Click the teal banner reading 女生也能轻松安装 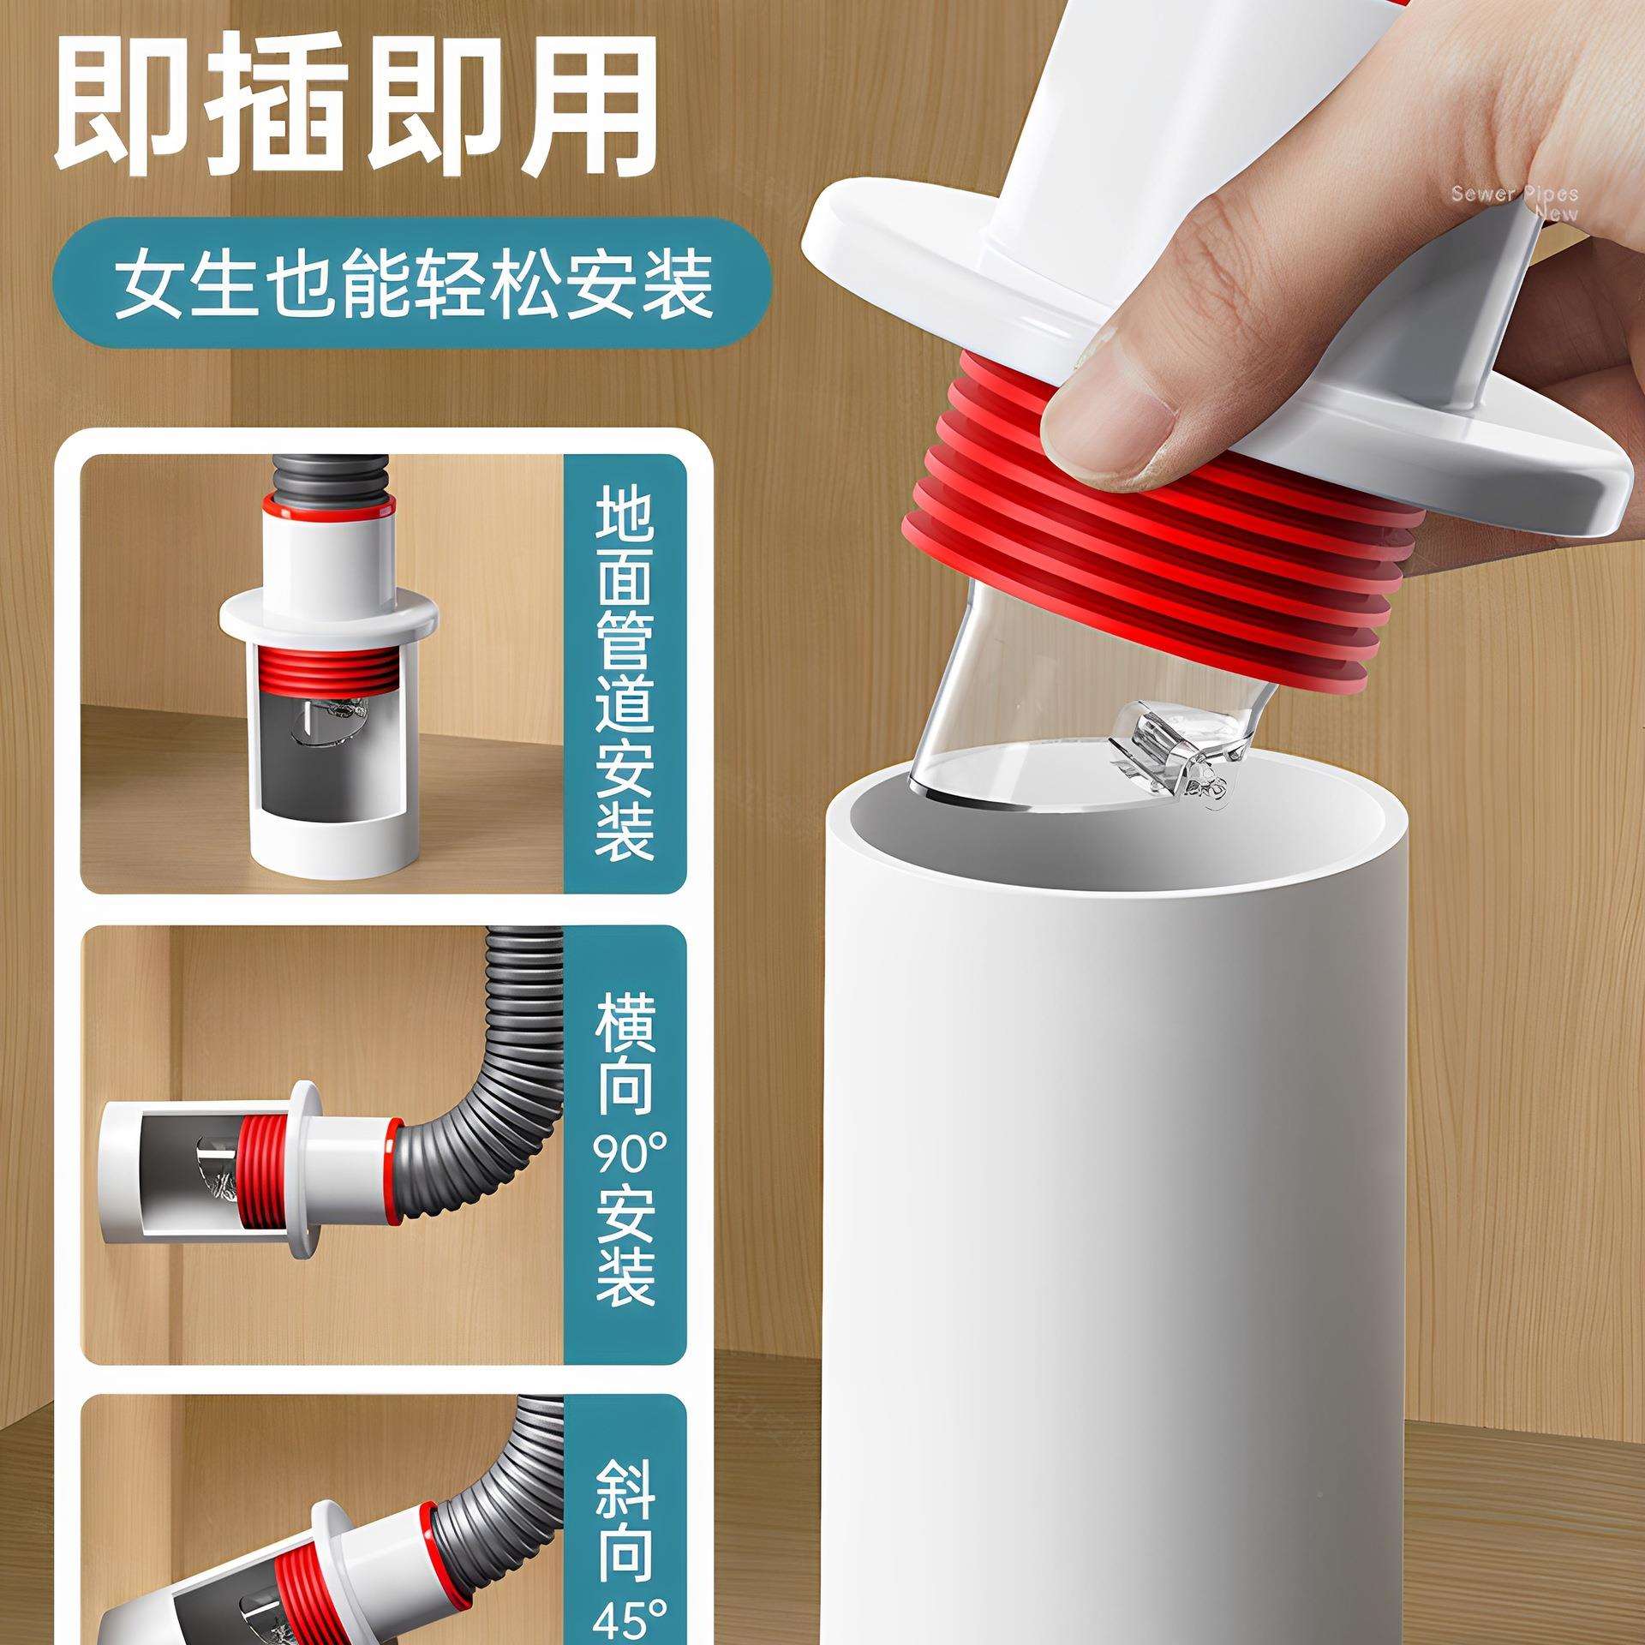[x=412, y=282]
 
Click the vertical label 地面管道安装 [x=625, y=673]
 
